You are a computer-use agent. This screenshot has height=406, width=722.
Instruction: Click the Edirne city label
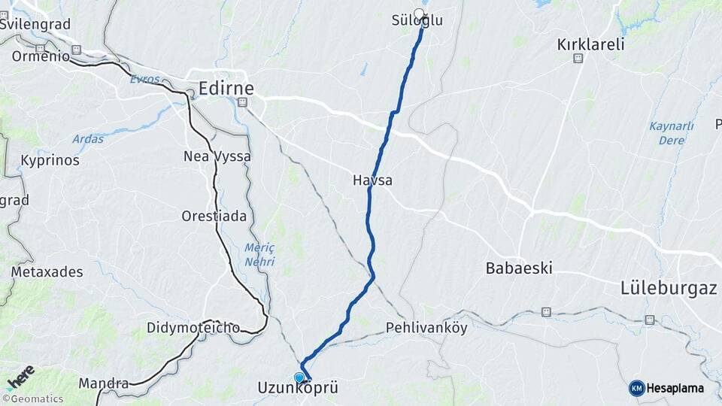click(x=226, y=88)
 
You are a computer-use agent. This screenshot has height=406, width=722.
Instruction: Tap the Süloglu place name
click(x=417, y=21)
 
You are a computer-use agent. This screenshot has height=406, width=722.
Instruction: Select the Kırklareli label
click(x=590, y=44)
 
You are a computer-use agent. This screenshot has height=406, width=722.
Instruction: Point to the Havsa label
click(x=372, y=180)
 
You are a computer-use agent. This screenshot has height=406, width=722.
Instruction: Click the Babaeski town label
click(x=519, y=268)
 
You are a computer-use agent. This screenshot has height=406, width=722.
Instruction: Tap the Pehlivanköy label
click(x=426, y=328)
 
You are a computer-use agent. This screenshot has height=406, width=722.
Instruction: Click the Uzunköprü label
click(x=297, y=389)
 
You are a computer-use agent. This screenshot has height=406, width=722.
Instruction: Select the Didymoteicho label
click(x=194, y=328)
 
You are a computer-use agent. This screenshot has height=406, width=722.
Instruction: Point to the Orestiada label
click(x=214, y=216)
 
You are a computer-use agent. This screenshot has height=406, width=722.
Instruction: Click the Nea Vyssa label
click(x=217, y=156)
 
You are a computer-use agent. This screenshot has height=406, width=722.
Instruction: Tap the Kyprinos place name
click(x=50, y=161)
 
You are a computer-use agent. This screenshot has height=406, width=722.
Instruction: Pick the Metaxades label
click(x=47, y=271)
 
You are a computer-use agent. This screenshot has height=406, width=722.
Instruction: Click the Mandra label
click(x=104, y=383)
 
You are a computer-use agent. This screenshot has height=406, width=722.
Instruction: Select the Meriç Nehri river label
click(x=259, y=255)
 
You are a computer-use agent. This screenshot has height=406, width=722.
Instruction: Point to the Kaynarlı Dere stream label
click(x=671, y=132)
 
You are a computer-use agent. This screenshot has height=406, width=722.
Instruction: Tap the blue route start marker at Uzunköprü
click(x=299, y=377)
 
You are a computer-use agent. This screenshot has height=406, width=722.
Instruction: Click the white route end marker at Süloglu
click(x=420, y=13)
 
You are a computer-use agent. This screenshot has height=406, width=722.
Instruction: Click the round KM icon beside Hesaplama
click(x=636, y=388)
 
